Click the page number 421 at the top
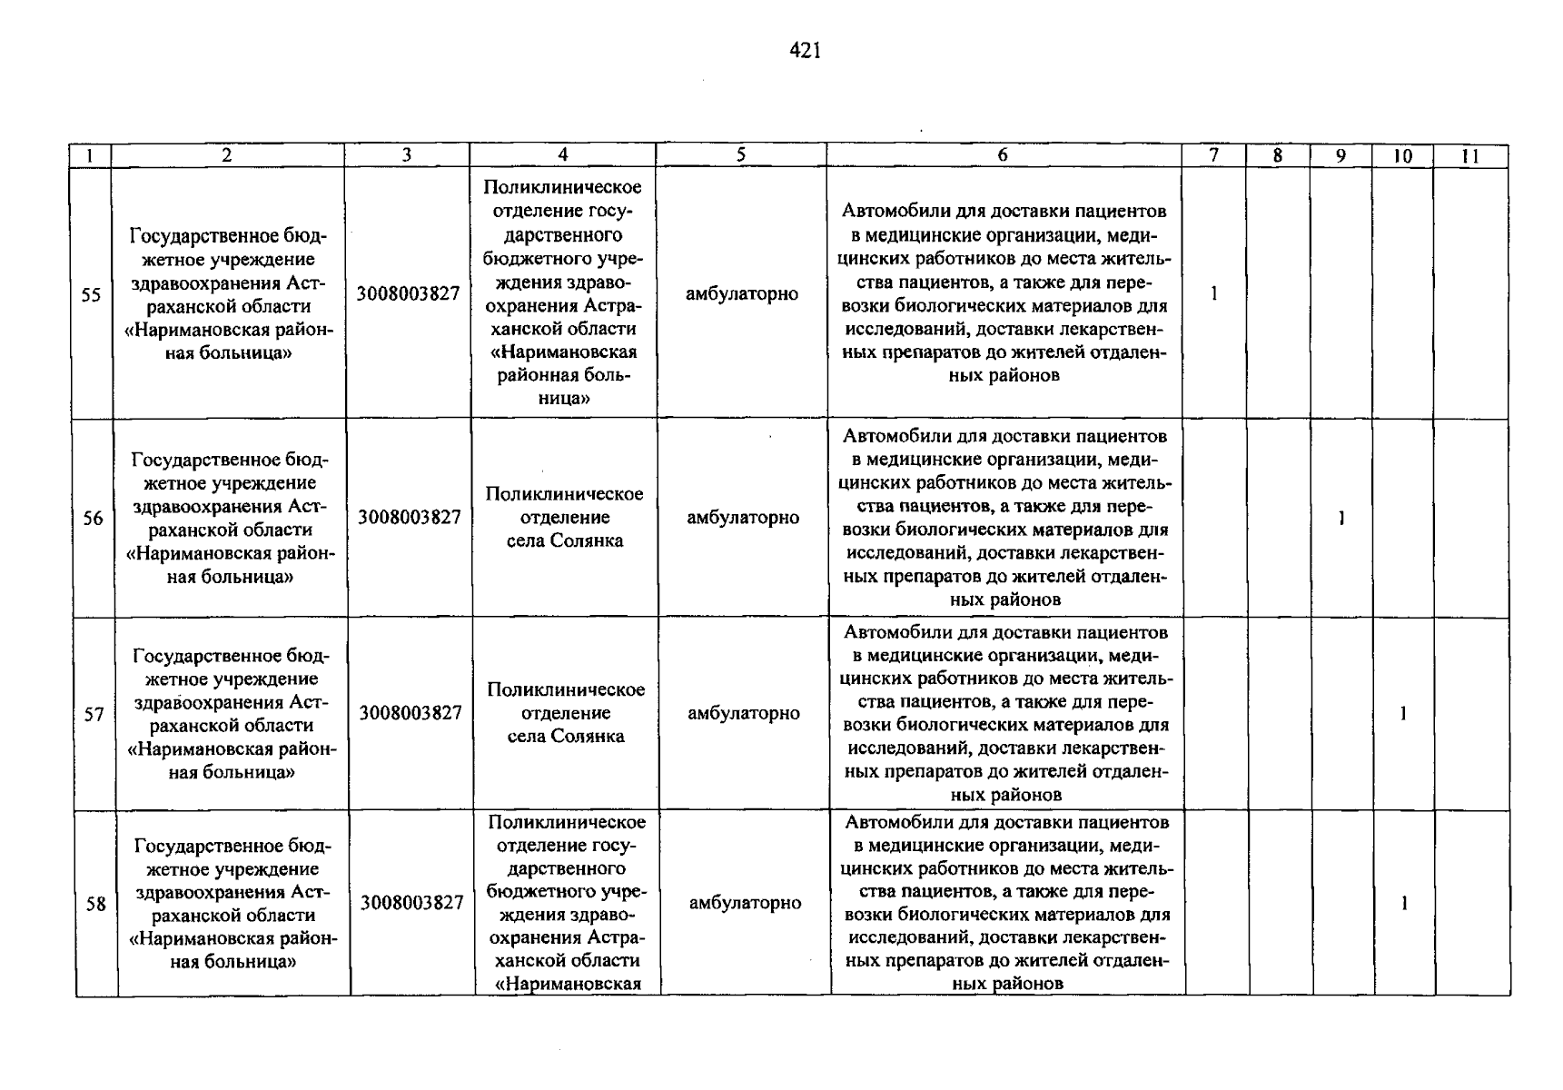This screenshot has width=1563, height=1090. pos(806,52)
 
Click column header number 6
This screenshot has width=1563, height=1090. pos(1003,155)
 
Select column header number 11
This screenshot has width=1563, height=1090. pos(1470,156)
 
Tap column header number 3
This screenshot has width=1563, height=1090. pos(407,155)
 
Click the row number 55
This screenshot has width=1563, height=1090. pos(91,294)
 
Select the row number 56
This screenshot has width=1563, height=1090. pos(93,519)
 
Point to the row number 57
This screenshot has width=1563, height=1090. pos(94,714)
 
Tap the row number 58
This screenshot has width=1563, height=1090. pos(95,904)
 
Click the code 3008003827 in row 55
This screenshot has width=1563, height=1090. pos(408,294)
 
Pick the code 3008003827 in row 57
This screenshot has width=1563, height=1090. pos(411,713)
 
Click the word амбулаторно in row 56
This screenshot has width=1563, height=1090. pos(743,518)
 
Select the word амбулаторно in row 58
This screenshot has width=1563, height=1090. pos(745,903)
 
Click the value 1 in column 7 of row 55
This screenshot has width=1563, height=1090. pos(1213,293)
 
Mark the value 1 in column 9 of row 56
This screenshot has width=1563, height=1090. pos(1341,519)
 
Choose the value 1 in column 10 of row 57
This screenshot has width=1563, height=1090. pos(1403,714)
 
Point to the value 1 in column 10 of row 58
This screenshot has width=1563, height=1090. pos(1404,904)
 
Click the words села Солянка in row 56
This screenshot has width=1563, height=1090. pos(565,540)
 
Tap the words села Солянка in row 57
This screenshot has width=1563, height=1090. pos(566,736)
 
